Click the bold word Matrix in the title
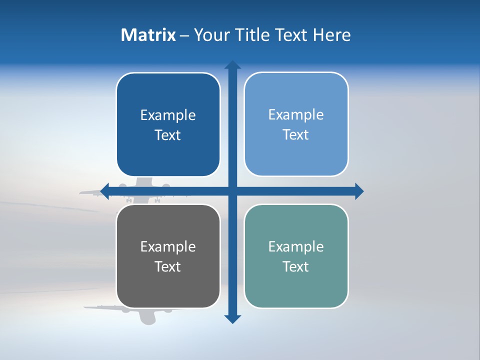point(148,35)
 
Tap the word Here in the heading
point(331,35)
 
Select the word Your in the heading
point(212,35)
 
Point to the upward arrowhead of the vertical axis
point(232,65)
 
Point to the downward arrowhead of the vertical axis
point(232,319)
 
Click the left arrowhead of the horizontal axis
point(105,191)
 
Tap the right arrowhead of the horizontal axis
point(359,191)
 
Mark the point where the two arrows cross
point(232,191)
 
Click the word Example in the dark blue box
point(168,115)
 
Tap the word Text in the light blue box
point(296,135)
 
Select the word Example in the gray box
point(168,247)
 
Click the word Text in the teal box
point(296,267)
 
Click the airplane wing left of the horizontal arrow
point(90,192)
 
